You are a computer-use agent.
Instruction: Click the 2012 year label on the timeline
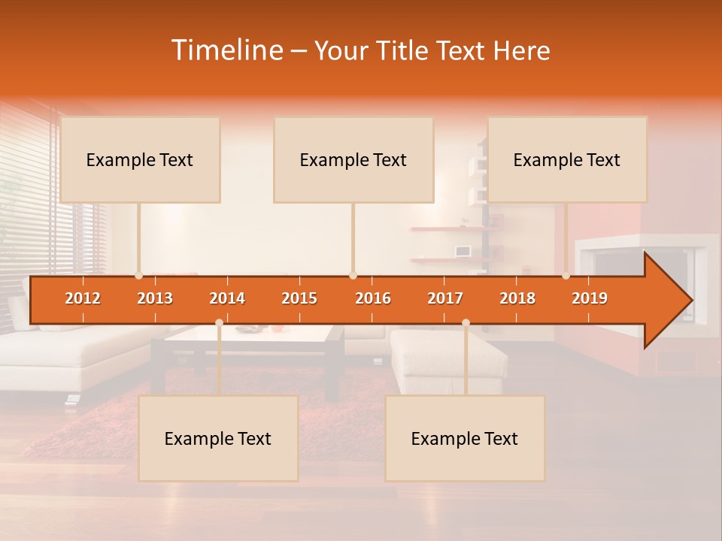click(83, 298)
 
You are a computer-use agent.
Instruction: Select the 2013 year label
click(155, 298)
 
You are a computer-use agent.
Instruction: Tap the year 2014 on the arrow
click(227, 298)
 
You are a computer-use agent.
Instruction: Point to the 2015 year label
click(299, 298)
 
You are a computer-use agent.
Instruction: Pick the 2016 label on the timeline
click(373, 298)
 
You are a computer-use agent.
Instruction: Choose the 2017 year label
click(445, 298)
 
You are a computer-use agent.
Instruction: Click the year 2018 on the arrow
click(517, 298)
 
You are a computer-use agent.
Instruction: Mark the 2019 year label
click(590, 298)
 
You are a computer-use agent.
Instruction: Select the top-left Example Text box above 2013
click(140, 160)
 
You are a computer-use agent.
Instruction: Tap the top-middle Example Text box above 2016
click(353, 160)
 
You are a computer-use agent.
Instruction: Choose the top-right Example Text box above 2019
click(567, 160)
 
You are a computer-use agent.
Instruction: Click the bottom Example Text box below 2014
click(218, 439)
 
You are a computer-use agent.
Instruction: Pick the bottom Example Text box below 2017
click(465, 439)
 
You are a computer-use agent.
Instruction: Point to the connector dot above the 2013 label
click(139, 276)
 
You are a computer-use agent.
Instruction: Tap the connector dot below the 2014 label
click(219, 323)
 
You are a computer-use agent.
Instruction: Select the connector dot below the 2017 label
click(466, 323)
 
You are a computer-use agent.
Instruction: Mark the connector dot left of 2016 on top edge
click(353, 276)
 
